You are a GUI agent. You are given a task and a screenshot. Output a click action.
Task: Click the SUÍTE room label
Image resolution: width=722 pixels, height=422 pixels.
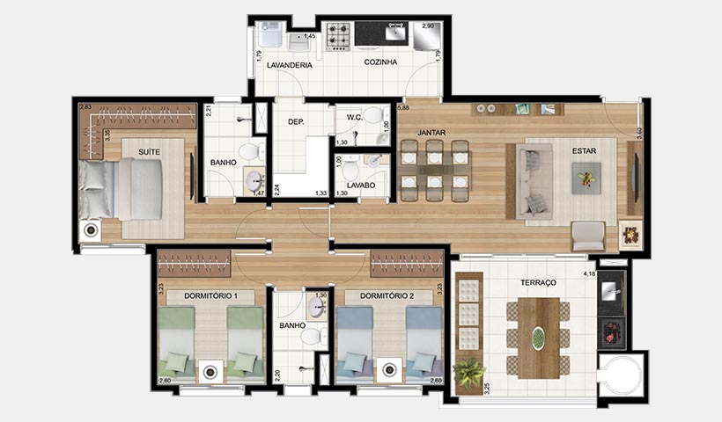point(149,152)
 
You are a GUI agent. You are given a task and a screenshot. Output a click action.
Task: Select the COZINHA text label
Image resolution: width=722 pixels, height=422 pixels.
point(381,62)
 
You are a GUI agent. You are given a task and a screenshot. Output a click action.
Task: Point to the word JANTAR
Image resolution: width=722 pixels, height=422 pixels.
point(431,133)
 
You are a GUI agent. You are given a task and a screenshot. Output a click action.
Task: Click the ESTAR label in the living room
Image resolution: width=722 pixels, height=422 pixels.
point(584,151)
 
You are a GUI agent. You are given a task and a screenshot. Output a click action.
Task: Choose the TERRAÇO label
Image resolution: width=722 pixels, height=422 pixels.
point(538,283)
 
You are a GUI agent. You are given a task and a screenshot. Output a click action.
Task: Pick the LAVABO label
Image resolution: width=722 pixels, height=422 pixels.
point(361,186)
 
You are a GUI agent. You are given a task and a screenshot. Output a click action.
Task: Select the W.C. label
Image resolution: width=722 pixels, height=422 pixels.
point(356,117)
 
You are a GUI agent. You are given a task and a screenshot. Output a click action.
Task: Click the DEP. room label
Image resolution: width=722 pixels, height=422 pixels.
point(296,122)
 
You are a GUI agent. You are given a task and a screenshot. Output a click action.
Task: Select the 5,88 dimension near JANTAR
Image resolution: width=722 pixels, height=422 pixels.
point(403,108)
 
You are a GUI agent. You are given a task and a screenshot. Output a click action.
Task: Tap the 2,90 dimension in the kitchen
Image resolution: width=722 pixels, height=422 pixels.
point(430,27)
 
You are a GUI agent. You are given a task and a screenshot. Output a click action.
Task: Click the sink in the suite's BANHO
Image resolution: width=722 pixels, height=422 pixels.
point(254,181)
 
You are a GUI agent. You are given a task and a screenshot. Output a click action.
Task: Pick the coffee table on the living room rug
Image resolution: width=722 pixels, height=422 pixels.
point(586,180)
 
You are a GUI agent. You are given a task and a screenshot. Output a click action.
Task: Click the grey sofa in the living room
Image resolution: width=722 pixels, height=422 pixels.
point(534,181)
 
